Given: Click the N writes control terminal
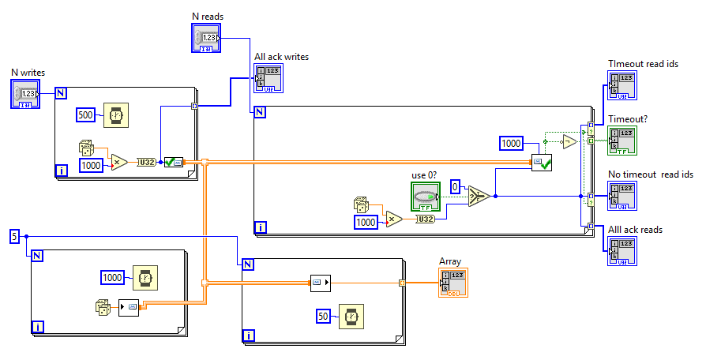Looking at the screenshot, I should (x=24, y=94).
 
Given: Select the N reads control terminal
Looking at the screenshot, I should (x=208, y=38).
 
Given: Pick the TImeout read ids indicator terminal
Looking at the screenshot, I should (x=622, y=86).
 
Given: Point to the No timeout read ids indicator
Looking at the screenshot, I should (x=622, y=197).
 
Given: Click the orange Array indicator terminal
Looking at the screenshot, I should (x=453, y=283).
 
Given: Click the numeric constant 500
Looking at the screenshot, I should (x=87, y=115).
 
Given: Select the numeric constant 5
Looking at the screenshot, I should (x=14, y=236).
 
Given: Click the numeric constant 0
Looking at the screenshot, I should (x=455, y=186).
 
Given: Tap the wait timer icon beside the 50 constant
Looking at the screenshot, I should (x=351, y=317).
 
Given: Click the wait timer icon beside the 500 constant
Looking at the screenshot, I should (x=116, y=115).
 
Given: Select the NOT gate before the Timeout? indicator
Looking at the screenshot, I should (x=568, y=142).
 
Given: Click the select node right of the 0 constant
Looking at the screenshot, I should (x=477, y=196).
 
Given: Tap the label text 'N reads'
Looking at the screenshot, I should (x=208, y=16).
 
